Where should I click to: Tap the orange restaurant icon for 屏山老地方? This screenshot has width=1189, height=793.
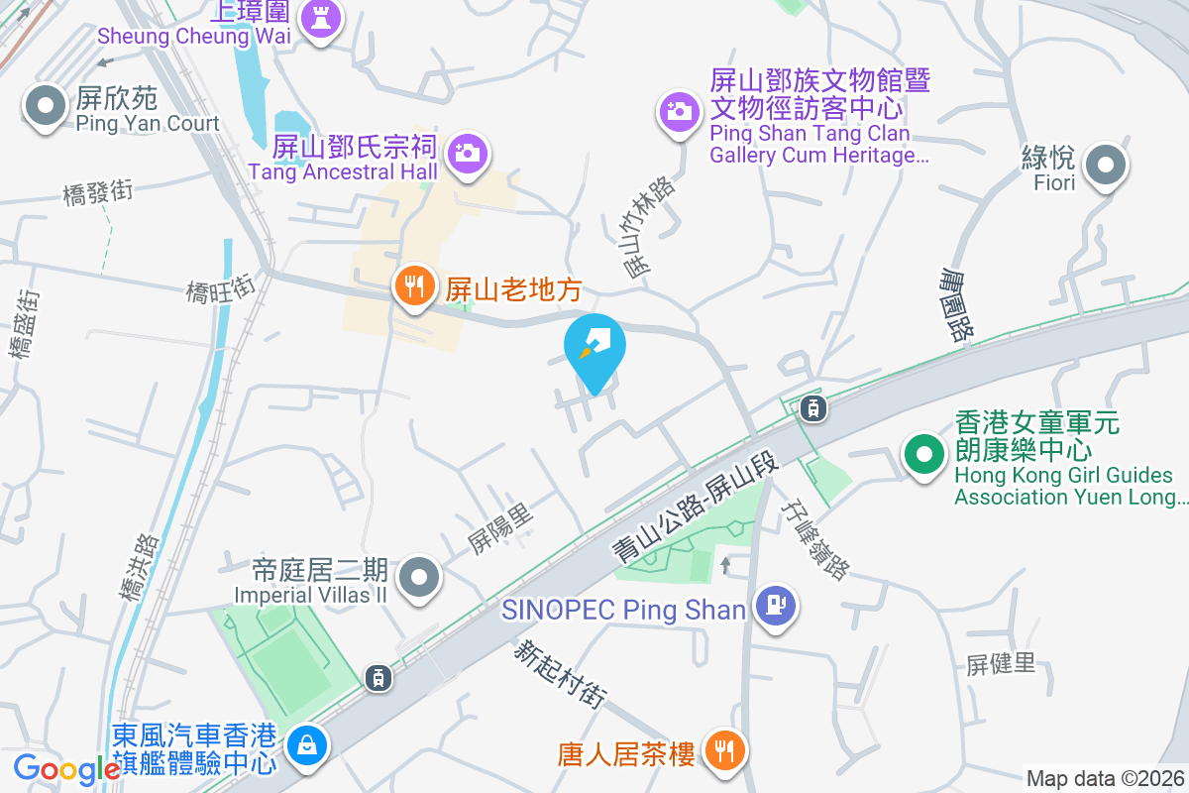click(414, 287)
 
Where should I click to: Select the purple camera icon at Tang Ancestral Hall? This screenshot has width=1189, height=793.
click(467, 154)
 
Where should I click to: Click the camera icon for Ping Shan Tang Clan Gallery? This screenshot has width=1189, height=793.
click(679, 110)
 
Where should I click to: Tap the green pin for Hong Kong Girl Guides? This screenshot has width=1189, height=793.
click(923, 456)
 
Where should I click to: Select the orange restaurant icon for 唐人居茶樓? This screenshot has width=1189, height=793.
click(725, 752)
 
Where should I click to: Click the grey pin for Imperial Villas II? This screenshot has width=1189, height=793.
click(419, 578)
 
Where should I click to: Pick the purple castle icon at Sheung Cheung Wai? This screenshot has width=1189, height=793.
click(319, 17)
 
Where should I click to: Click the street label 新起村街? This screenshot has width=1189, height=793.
click(559, 675)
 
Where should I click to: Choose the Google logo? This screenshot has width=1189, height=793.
click(66, 768)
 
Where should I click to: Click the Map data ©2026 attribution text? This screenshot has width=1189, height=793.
click(1104, 779)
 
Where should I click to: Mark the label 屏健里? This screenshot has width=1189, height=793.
click(1001, 663)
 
